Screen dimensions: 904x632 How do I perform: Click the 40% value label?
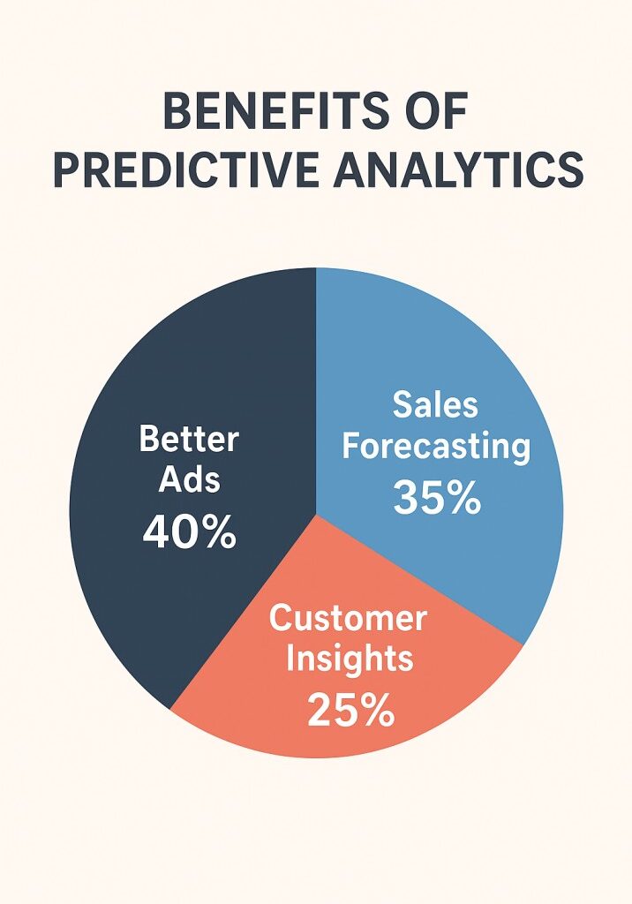click(x=189, y=533)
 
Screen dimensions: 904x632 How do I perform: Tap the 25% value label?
click(x=350, y=712)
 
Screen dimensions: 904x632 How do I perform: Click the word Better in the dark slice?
click(x=190, y=439)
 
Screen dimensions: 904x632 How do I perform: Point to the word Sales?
click(x=435, y=404)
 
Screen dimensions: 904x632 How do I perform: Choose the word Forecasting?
click(x=436, y=447)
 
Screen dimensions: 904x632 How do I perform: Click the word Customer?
click(x=348, y=617)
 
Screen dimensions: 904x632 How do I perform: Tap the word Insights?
click(x=350, y=659)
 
